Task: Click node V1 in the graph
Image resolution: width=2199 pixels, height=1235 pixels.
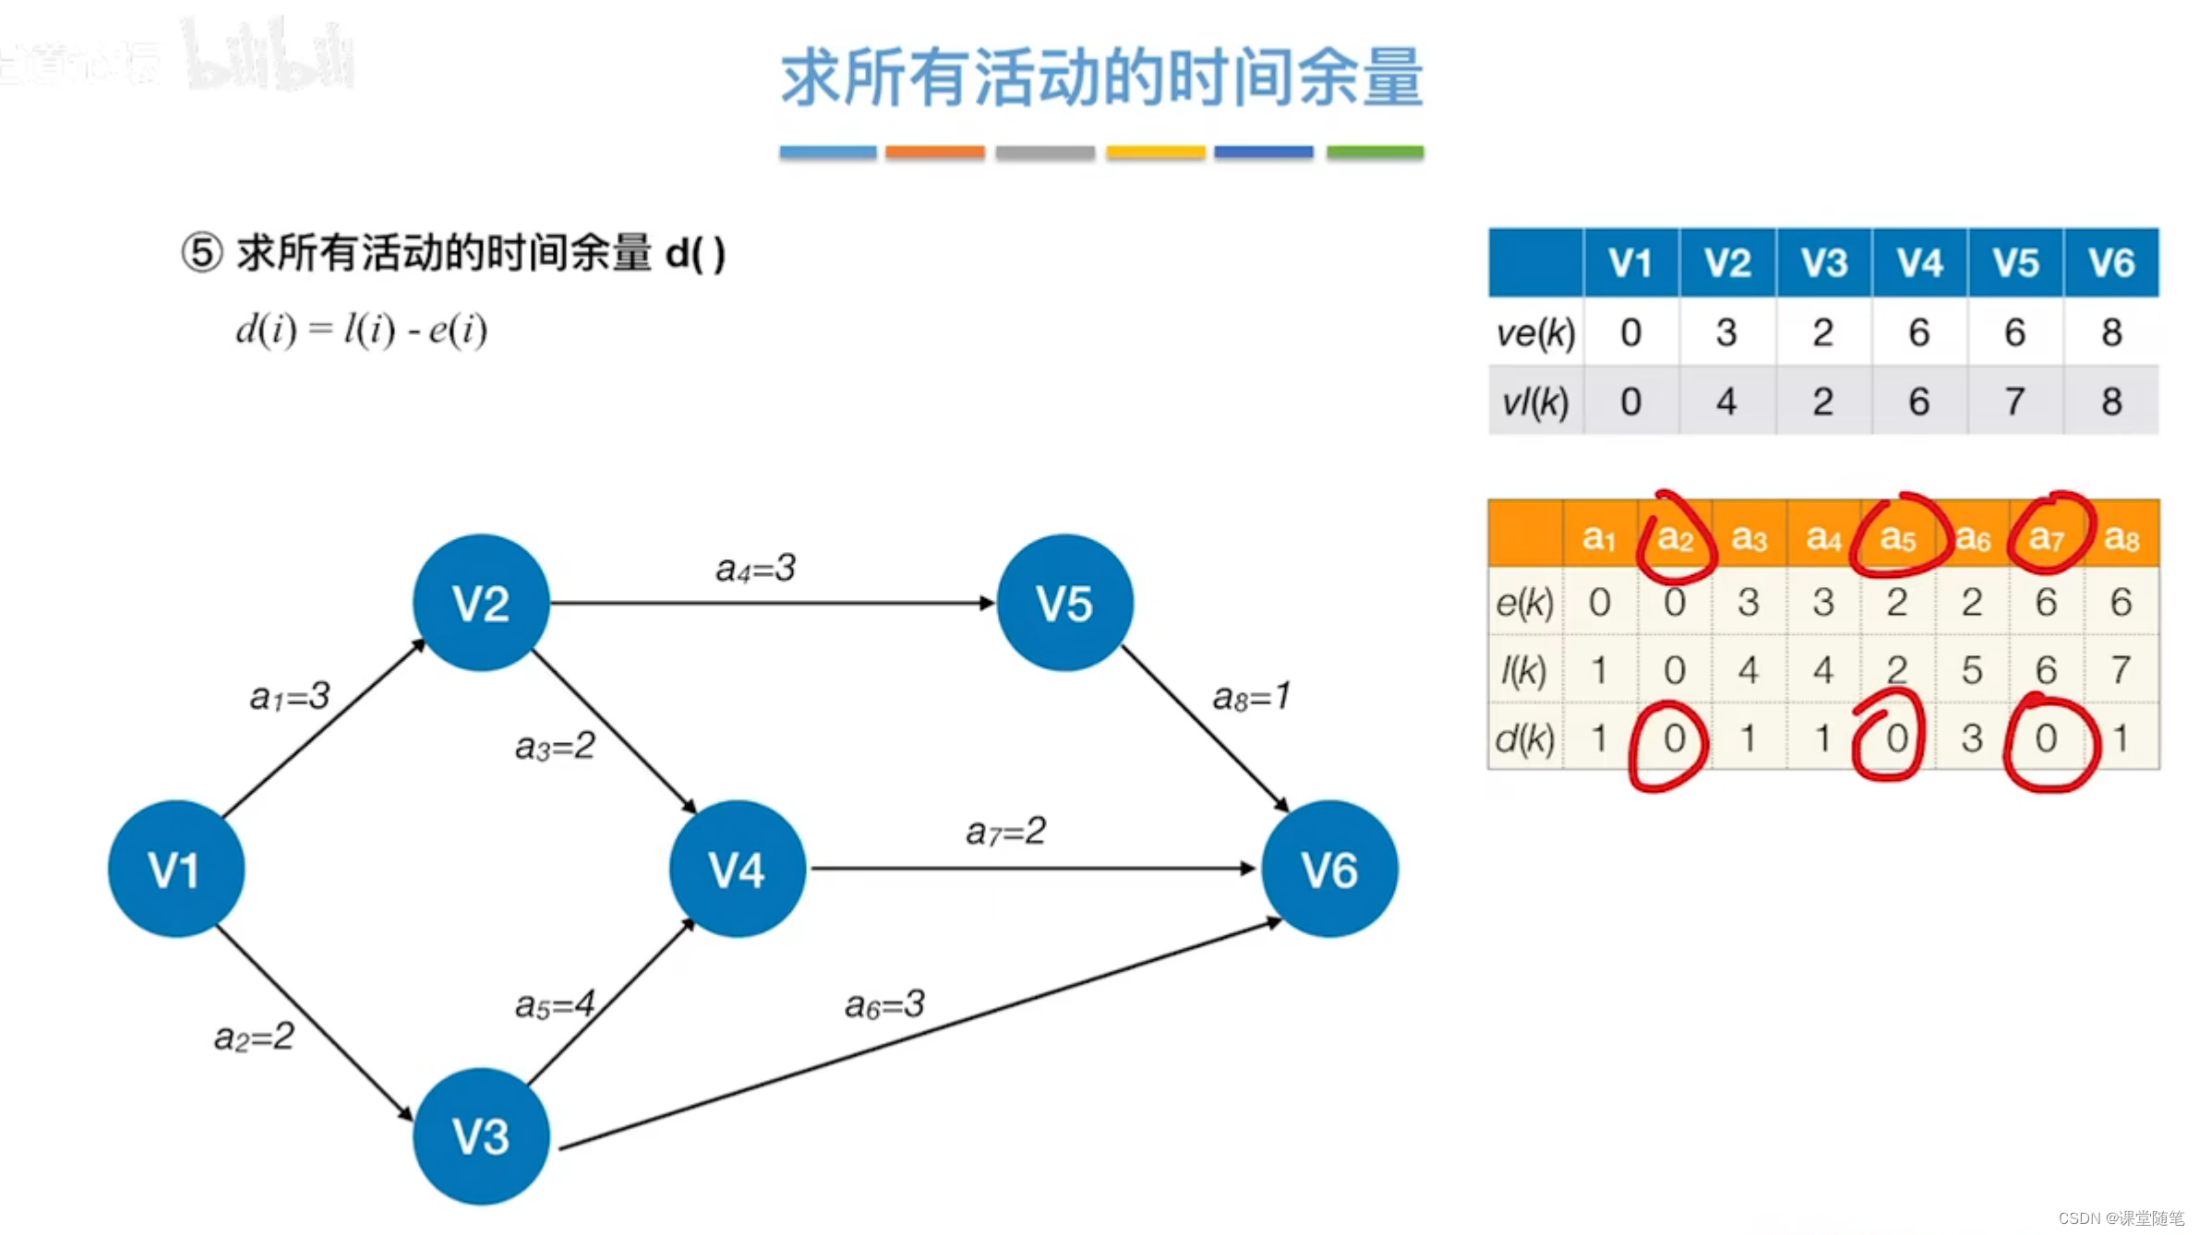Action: coord(175,869)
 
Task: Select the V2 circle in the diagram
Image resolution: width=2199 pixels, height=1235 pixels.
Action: coord(480,603)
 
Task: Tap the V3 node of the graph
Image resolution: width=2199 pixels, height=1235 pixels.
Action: coord(480,1135)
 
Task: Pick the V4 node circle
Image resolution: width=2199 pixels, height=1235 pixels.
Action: coord(737,869)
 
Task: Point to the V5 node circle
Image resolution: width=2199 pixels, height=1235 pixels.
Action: coord(1064,603)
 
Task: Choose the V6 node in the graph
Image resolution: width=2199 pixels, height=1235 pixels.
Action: coord(1328,869)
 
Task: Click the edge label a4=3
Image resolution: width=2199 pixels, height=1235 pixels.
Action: coord(755,568)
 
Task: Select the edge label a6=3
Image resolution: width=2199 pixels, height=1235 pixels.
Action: coord(884,1004)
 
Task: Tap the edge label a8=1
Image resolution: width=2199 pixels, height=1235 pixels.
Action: coord(1251,696)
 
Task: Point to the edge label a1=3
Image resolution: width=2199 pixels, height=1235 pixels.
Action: coord(289,696)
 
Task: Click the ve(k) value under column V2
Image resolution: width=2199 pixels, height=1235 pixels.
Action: coord(1726,332)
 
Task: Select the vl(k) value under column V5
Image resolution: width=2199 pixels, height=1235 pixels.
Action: coord(2014,402)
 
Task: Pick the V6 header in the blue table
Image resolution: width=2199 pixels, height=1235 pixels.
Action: coord(2110,263)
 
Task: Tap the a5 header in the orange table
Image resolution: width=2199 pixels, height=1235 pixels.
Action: coord(1897,537)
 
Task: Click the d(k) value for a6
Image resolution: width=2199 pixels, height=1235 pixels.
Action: coord(1972,738)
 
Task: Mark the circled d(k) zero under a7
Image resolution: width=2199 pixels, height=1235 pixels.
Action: coord(2046,738)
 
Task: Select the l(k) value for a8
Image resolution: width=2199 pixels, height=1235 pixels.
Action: coord(2121,670)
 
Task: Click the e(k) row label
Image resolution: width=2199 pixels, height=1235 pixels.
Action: coord(1524,603)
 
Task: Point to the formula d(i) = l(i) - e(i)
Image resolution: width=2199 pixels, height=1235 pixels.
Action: coord(361,330)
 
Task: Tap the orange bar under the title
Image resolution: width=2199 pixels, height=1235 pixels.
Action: coord(934,152)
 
